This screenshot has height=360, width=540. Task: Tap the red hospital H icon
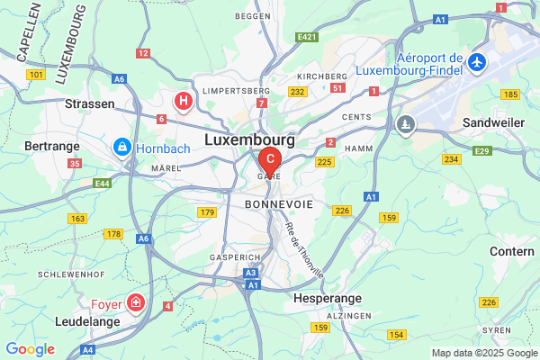pyautogui.click(x=184, y=100)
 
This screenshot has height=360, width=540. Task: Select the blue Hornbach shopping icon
pyautogui.click(x=120, y=146)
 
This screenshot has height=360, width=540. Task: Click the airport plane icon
pyautogui.click(x=477, y=63)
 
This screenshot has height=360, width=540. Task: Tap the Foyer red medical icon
pyautogui.click(x=135, y=302)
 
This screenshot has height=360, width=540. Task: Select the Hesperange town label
pyautogui.click(x=328, y=298)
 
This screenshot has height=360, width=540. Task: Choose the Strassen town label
pyautogui.click(x=90, y=103)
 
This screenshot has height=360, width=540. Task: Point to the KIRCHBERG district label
pyautogui.click(x=322, y=76)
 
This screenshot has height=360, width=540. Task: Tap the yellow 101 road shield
pyautogui.click(x=36, y=74)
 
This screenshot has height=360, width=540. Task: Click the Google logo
pyautogui.click(x=31, y=349)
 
